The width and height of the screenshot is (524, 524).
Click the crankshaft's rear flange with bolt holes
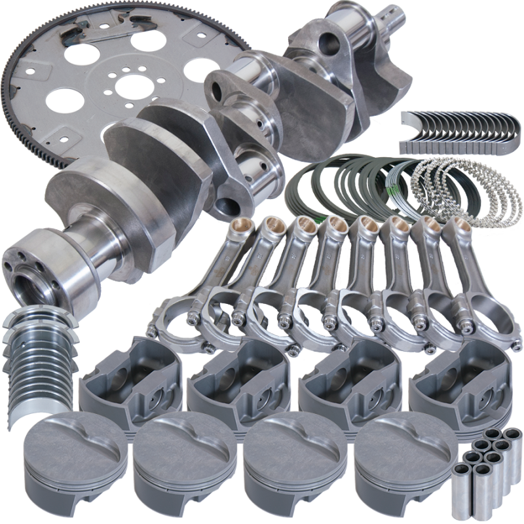click(x=26, y=262)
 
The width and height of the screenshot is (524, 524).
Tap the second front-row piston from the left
click(x=180, y=458)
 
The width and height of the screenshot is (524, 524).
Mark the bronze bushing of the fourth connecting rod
click(x=334, y=226)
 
